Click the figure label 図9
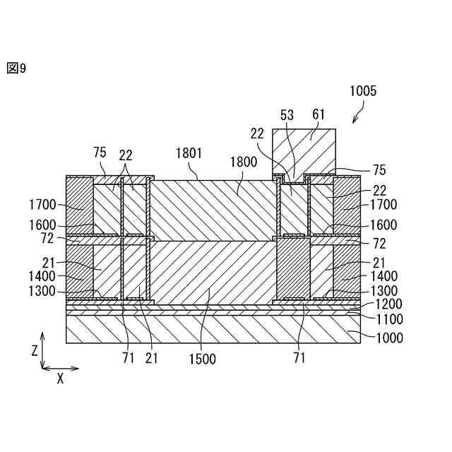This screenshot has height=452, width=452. tap(16, 68)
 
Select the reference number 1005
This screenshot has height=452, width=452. tap(363, 91)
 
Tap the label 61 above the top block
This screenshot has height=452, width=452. tap(319, 114)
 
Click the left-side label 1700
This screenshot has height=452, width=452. tap(44, 205)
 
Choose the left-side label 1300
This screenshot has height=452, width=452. tap(44, 290)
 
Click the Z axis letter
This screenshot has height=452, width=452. tap(35, 350)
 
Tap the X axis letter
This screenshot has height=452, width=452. tap(61, 379)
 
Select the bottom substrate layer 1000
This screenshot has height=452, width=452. tap(212, 329)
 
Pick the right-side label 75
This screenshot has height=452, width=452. tap(379, 169)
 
